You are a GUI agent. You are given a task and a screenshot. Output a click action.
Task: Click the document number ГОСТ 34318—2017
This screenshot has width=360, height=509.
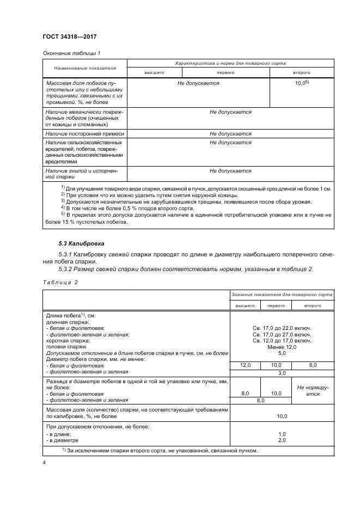(x=69, y=36)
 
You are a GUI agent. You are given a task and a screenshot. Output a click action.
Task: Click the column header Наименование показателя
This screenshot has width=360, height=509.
(x=84, y=69)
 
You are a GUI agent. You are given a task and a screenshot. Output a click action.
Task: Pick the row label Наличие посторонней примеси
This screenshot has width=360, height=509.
(x=85, y=133)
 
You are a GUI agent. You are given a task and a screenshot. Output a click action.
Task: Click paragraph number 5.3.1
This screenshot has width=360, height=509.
(x=66, y=255)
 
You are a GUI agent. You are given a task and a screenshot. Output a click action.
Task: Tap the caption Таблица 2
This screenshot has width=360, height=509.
(x=60, y=283)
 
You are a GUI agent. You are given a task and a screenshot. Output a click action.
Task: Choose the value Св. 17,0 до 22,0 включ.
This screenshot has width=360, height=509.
(x=282, y=329)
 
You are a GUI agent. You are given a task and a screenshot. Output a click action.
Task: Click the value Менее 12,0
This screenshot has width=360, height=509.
(x=282, y=347)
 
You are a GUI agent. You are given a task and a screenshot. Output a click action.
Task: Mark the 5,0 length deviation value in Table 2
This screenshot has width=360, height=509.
(x=282, y=353)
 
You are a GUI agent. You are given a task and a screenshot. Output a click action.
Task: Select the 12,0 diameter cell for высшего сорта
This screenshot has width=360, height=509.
(x=245, y=366)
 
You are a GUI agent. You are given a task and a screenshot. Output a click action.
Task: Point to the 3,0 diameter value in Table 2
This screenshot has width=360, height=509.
(x=282, y=373)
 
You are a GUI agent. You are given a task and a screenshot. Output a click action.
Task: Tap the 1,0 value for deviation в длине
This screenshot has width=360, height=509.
(x=282, y=434)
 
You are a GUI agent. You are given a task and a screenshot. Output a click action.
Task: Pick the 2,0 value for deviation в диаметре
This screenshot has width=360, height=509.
(x=282, y=440)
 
